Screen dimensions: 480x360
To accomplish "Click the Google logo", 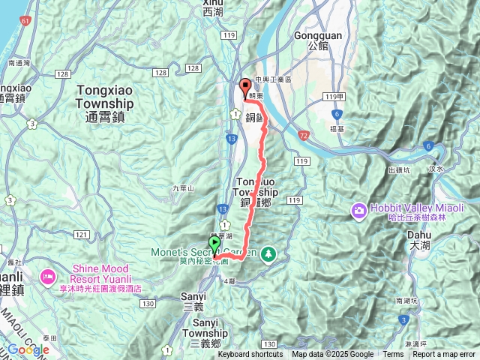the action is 28,349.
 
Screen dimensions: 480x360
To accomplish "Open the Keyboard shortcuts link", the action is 250,355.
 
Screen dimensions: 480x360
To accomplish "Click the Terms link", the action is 393,355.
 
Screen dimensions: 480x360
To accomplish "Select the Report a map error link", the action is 444,355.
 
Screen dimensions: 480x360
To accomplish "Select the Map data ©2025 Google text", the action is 333,355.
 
